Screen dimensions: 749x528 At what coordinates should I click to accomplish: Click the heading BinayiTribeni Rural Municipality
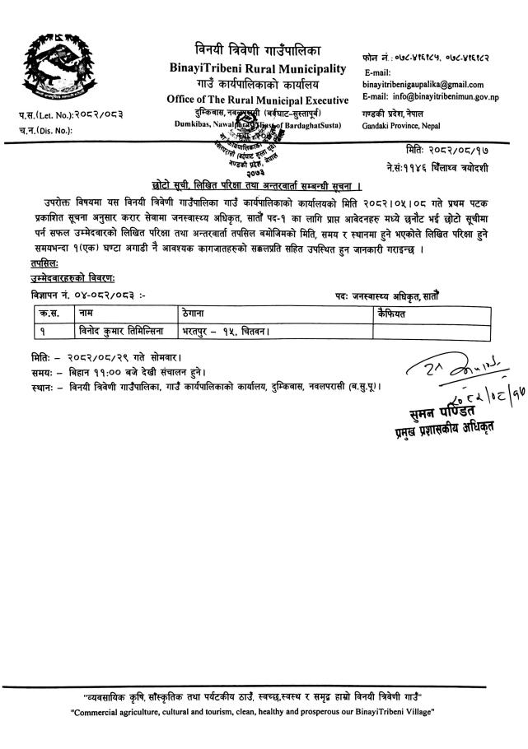(259, 67)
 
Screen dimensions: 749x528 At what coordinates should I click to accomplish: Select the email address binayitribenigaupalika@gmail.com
(423, 85)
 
